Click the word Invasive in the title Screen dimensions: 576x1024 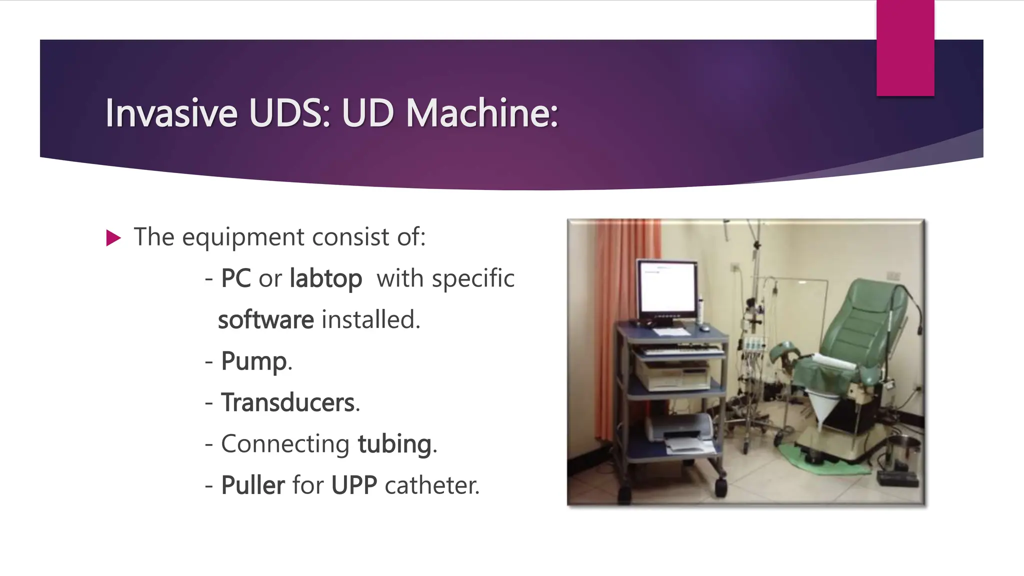pyautogui.click(x=171, y=113)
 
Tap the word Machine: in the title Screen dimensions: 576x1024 pyautogui.click(x=481, y=113)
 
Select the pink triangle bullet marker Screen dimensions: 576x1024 pyautogui.click(x=113, y=238)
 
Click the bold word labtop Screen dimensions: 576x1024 pyautogui.click(x=325, y=279)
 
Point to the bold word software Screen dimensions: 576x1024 pyautogui.click(x=265, y=320)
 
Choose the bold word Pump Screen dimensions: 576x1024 pyautogui.click(x=254, y=361)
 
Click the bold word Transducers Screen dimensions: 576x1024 pyautogui.click(x=288, y=402)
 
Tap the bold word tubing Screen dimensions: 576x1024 pyautogui.click(x=394, y=444)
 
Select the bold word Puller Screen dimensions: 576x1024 pyautogui.click(x=253, y=485)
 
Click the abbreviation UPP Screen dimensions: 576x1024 pyautogui.click(x=354, y=485)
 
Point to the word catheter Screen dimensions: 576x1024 pyautogui.click(x=431, y=485)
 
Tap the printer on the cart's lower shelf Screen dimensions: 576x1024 pyautogui.click(x=680, y=430)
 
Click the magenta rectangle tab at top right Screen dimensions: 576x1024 pyautogui.click(x=905, y=47)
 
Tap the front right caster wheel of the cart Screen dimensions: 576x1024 pyautogui.click(x=720, y=486)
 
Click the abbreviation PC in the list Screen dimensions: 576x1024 pyautogui.click(x=235, y=279)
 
